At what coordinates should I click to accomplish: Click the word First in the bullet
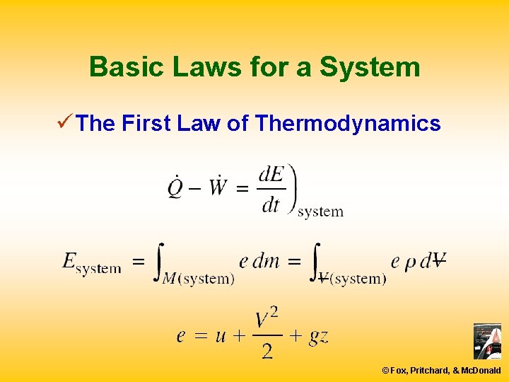[x=146, y=124]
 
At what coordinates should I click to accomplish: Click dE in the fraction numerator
[x=271, y=174]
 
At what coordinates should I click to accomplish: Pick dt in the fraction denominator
[x=271, y=204]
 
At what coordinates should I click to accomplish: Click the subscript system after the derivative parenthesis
[x=320, y=212]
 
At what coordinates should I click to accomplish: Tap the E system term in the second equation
[x=91, y=262]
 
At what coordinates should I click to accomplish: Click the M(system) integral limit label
[x=199, y=279]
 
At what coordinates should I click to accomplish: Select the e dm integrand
[x=259, y=261]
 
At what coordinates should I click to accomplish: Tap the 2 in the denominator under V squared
[x=267, y=350]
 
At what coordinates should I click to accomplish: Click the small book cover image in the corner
[x=486, y=342]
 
